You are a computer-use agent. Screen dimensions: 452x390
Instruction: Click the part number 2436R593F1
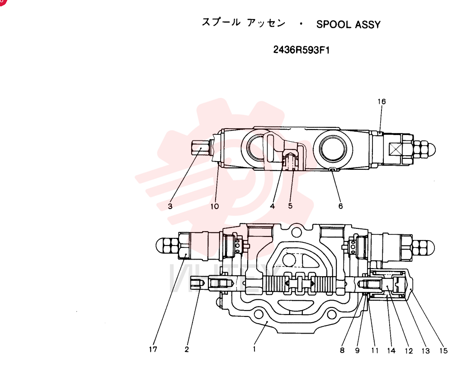pos(301,50)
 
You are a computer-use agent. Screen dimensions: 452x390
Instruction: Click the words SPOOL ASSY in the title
pos(348,24)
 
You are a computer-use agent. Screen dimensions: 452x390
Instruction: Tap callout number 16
pos(381,102)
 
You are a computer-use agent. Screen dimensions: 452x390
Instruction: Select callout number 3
pos(170,206)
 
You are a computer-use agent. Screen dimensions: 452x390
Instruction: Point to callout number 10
pos(215,206)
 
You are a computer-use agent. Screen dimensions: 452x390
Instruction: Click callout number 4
pos(273,206)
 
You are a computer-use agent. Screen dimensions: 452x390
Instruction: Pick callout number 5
pos(290,206)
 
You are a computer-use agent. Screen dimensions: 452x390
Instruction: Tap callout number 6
pos(340,206)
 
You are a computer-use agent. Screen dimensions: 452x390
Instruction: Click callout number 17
pos(153,349)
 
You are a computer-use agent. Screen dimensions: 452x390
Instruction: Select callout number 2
pos(187,349)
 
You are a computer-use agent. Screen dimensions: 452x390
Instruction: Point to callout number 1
pos(254,349)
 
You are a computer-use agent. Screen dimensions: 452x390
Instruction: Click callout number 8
pos(342,350)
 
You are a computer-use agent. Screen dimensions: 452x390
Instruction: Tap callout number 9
pos(358,350)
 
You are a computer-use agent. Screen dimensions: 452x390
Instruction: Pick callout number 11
pos(375,350)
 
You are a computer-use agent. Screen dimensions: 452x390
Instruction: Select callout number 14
pos(391,350)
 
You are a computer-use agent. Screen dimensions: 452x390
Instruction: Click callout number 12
pos(409,351)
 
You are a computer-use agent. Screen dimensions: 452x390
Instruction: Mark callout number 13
pos(425,351)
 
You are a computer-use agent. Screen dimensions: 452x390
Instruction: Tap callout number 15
pos(443,351)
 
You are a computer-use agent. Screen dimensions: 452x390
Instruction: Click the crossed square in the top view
pos(395,149)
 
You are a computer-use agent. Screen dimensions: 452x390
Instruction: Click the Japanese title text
pos(244,23)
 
